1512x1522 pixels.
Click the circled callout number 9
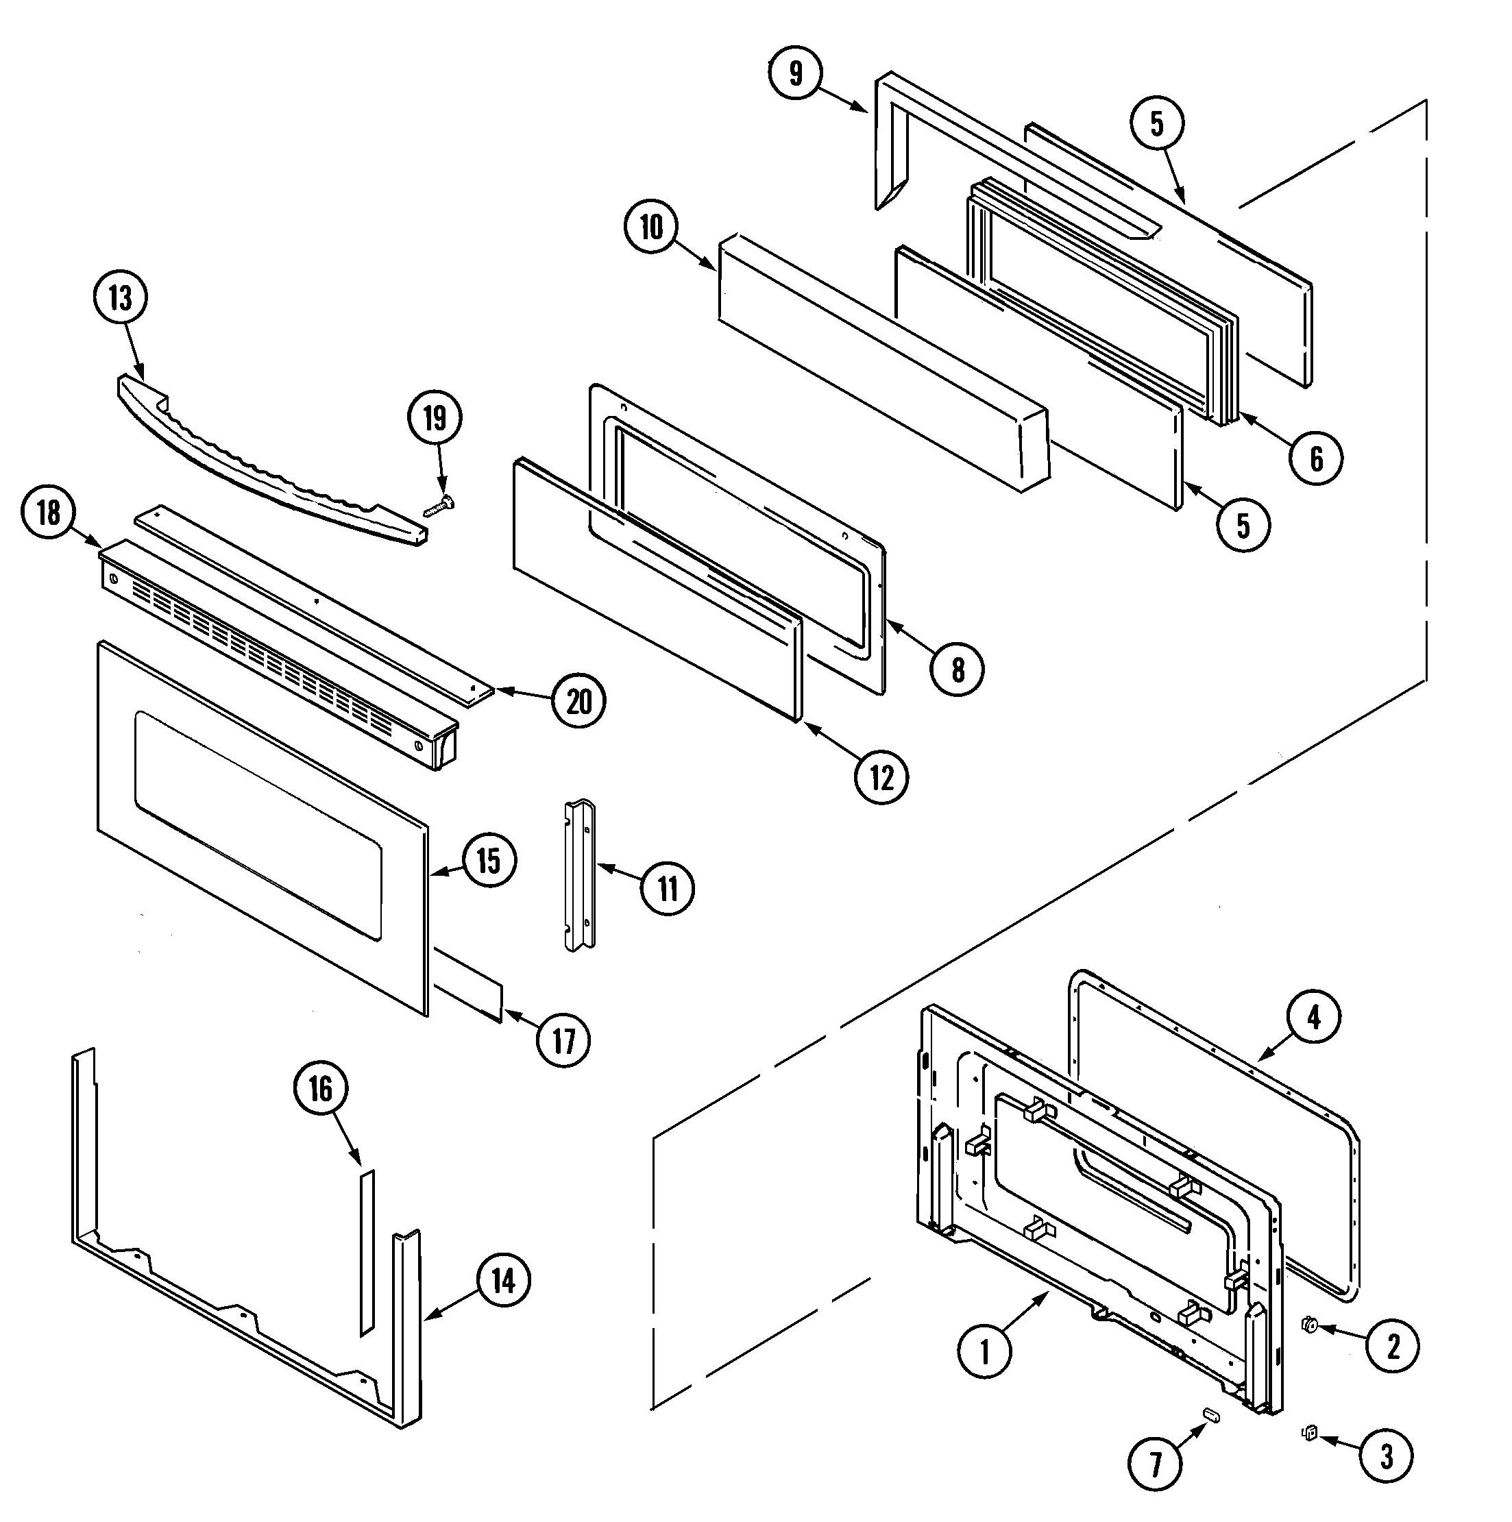795,73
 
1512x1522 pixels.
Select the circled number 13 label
120,299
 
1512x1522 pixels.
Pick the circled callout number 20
579,700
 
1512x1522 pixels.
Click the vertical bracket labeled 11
579,875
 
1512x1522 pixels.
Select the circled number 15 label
489,860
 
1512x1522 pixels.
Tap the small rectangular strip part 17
469,985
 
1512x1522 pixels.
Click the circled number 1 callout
984,1352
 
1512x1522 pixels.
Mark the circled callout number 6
1317,458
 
